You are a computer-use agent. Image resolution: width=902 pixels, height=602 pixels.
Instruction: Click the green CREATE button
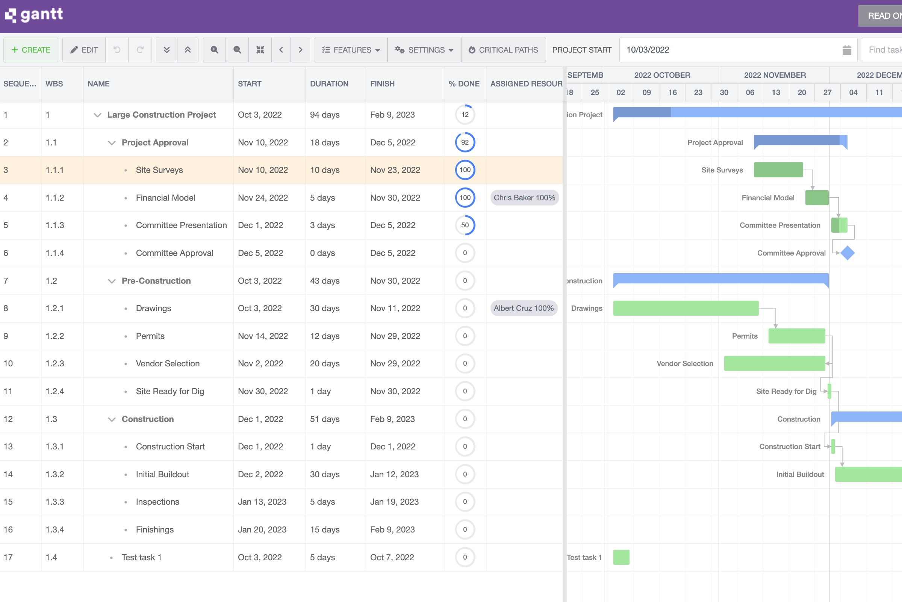[x=31, y=50]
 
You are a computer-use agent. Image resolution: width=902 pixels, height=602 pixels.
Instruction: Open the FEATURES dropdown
[x=351, y=50]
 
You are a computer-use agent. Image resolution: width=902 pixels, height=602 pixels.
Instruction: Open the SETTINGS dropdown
[x=424, y=50]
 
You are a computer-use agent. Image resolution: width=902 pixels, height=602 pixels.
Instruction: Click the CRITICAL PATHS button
[x=503, y=50]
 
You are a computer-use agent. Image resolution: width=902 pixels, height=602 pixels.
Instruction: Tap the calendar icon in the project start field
[x=847, y=50]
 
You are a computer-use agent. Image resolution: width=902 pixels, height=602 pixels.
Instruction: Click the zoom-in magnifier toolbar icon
[x=214, y=50]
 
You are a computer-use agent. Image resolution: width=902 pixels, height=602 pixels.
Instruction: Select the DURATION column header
[x=329, y=84]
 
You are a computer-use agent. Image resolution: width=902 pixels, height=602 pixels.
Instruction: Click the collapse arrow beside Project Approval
[x=112, y=143]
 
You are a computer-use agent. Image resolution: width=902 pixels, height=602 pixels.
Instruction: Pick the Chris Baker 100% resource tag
[x=524, y=198]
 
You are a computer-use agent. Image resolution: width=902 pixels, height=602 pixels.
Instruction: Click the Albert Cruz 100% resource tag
[x=524, y=308]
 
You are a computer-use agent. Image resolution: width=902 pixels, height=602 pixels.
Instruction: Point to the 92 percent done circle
[x=465, y=142]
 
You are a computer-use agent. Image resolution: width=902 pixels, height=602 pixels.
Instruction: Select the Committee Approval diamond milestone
[x=847, y=253]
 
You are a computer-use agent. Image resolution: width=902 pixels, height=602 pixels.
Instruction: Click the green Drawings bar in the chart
[x=686, y=308]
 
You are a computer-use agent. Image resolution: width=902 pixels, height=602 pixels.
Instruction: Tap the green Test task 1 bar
[x=621, y=557]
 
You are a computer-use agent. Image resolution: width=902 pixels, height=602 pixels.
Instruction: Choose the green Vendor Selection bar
[x=774, y=364]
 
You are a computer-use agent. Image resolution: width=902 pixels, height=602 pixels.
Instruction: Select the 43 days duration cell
[x=324, y=281]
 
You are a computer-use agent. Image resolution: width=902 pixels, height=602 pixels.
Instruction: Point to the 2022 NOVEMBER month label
[x=775, y=75]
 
